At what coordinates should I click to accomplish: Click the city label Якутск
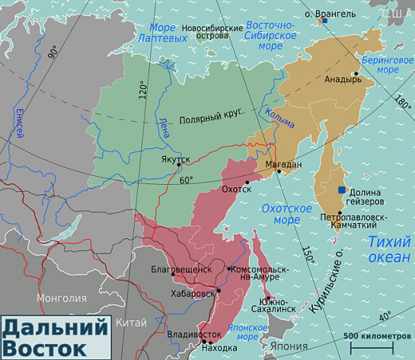click(x=175, y=159)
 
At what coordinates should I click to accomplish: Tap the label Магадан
click(x=283, y=164)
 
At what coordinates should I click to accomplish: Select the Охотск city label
click(x=235, y=189)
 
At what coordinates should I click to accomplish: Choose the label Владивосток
click(x=194, y=334)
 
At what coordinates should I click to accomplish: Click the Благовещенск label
click(x=182, y=269)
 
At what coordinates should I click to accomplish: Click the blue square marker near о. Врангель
click(x=324, y=21)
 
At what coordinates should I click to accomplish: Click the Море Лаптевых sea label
click(x=161, y=33)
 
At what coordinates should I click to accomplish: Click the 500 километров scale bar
click(x=371, y=347)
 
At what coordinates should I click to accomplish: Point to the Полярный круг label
click(x=210, y=118)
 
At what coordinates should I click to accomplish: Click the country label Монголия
click(x=62, y=298)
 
